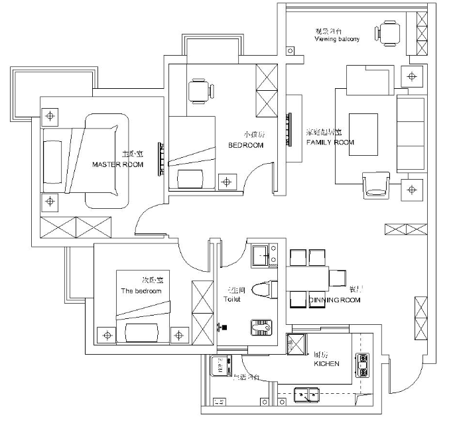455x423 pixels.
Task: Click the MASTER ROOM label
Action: [x=117, y=164]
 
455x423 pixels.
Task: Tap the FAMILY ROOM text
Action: [x=330, y=143]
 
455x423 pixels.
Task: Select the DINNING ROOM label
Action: [x=334, y=300]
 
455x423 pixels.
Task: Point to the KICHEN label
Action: [x=326, y=363]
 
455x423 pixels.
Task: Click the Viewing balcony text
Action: [x=336, y=39]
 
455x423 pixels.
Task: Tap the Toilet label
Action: [x=232, y=299]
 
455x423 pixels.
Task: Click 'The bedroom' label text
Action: [x=141, y=291]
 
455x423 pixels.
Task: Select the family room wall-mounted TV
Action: [x=289, y=130]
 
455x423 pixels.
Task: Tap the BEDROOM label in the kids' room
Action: [x=246, y=145]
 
